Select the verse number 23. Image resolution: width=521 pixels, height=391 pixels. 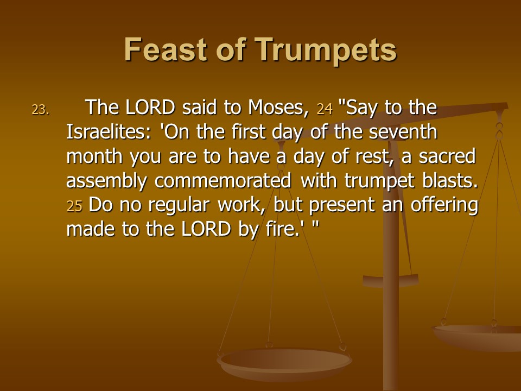(41, 109)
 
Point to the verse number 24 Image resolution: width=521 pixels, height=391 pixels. (325, 109)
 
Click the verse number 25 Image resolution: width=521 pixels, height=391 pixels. (74, 206)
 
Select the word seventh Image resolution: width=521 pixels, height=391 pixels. (403, 131)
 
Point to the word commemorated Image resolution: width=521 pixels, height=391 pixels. (223, 180)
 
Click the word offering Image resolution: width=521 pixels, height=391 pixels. (444, 205)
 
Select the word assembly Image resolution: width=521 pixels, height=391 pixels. (107, 181)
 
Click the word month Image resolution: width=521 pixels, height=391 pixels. (94, 156)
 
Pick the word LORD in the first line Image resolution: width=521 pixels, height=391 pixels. (150, 108)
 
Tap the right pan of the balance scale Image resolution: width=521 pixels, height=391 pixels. (477, 337)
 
